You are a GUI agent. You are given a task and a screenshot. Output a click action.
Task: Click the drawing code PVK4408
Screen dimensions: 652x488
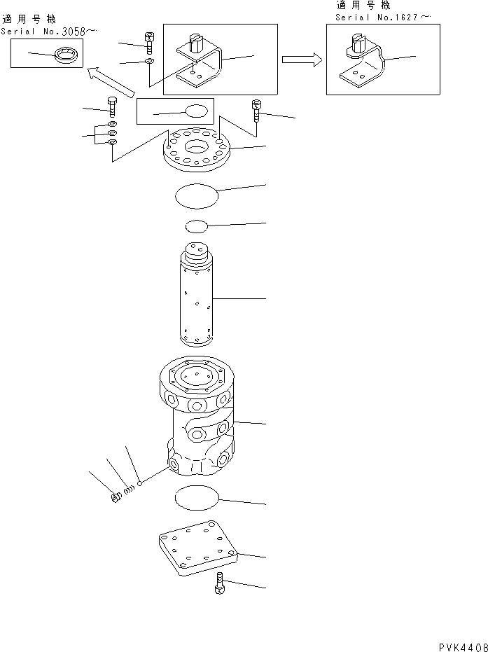click(x=459, y=646)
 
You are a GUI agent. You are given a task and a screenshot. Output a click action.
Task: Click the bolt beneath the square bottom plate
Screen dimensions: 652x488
click(x=219, y=584)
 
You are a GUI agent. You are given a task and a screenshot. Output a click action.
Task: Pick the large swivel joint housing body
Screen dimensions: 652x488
click(x=196, y=420)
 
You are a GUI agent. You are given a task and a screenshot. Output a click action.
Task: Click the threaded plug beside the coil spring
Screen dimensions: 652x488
click(x=116, y=499)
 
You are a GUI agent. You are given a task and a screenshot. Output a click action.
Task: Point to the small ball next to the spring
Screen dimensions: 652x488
click(x=141, y=483)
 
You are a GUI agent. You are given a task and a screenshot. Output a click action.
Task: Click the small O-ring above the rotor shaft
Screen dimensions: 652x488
click(x=197, y=226)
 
